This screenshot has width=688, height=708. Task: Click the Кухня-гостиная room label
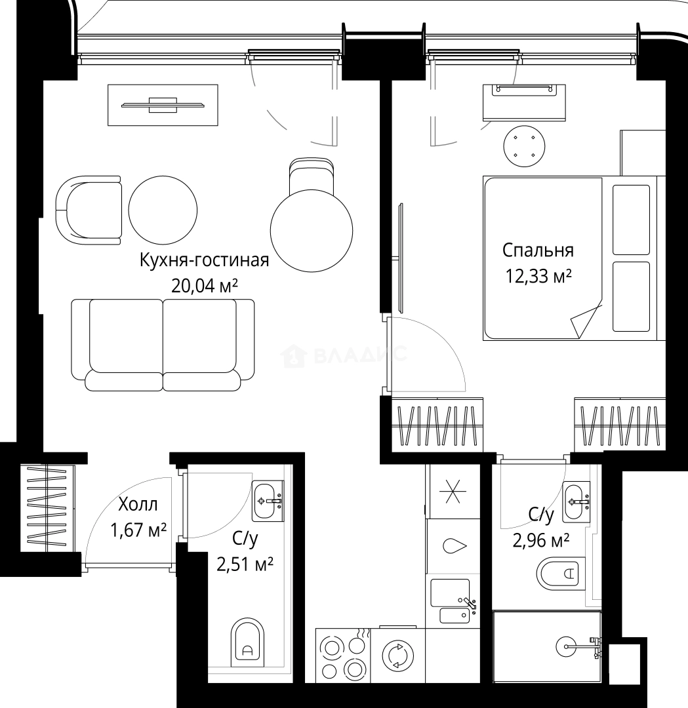coord(204,261)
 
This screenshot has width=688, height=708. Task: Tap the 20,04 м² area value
coord(204,285)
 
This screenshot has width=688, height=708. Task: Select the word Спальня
coord(538,250)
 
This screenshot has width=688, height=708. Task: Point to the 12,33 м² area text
coord(538,276)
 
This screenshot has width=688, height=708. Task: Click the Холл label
coord(138,505)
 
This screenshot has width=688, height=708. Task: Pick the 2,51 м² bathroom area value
coord(245,563)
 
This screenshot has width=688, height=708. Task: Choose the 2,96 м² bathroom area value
coord(540,540)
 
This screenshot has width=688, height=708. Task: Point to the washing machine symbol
coord(397,656)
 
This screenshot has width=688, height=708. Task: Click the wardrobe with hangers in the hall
coord(47,509)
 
